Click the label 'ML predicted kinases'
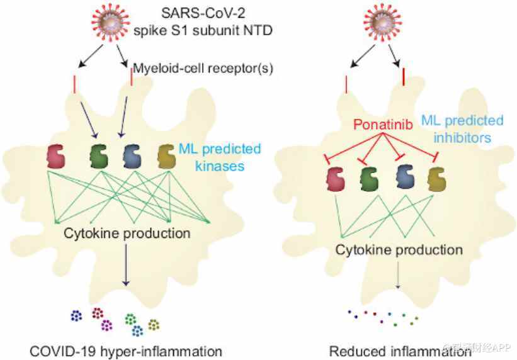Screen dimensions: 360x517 [x=219, y=156]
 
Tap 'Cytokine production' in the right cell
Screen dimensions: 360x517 [x=398, y=250]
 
